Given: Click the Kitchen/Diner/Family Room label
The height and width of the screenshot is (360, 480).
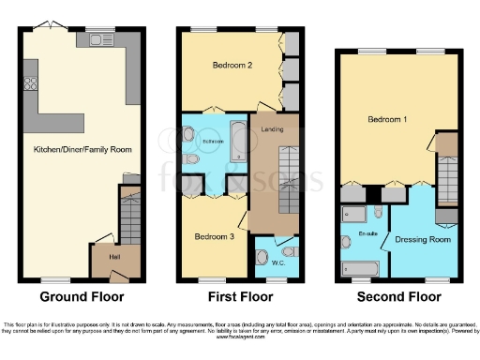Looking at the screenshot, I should pos(82,149).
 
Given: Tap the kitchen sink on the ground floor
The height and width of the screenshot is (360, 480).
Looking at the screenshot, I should pos(99,40).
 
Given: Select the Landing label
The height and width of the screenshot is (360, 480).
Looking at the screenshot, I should pos(272,129).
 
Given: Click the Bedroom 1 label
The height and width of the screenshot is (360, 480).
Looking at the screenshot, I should pos(386,120).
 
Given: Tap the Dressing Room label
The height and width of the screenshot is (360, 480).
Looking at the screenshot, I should pos(424,240).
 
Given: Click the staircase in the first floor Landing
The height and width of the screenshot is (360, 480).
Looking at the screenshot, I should pos(286,178).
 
